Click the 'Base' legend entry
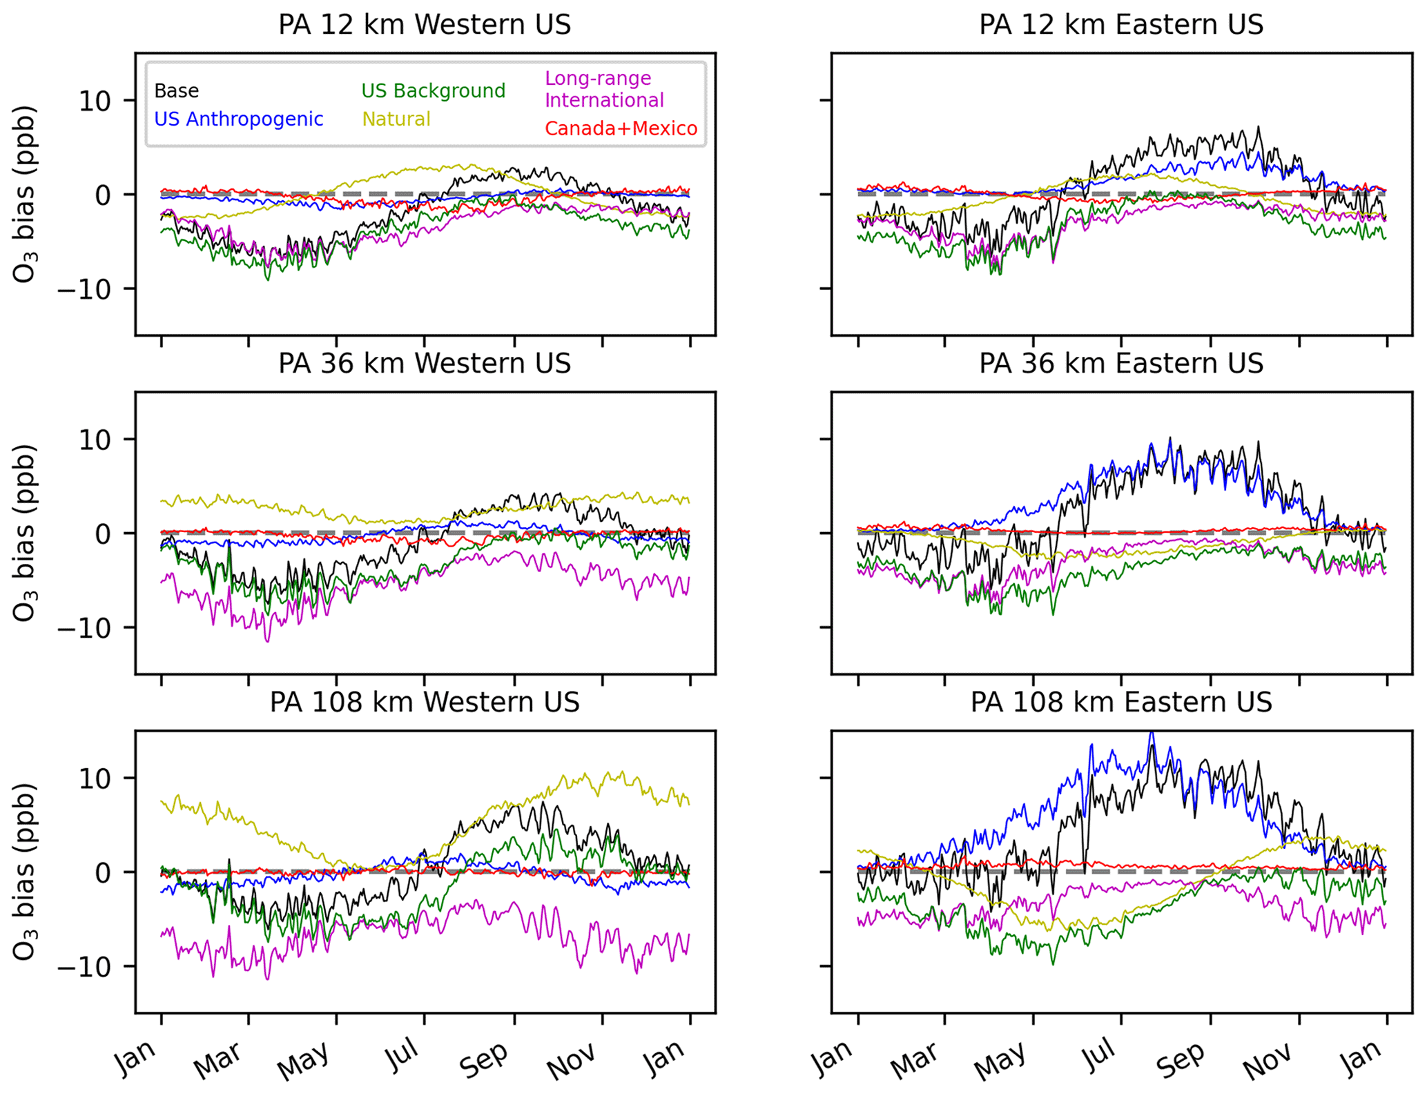[176, 91]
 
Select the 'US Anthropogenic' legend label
[238, 119]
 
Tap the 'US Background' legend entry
[433, 91]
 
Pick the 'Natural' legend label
[396, 119]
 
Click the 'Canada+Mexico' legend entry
[621, 129]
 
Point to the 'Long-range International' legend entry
[604, 90]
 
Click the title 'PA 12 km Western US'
[425, 25]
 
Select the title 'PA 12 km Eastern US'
[1120, 25]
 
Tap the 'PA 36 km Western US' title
[425, 364]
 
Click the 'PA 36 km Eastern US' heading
[1120, 364]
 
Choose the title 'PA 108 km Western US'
[425, 703]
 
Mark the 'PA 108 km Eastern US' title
[1120, 703]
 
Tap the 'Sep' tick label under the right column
[1181, 1059]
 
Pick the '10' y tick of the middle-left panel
[95, 440]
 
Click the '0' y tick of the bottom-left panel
[103, 873]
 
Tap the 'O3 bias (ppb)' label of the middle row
[24, 533]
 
